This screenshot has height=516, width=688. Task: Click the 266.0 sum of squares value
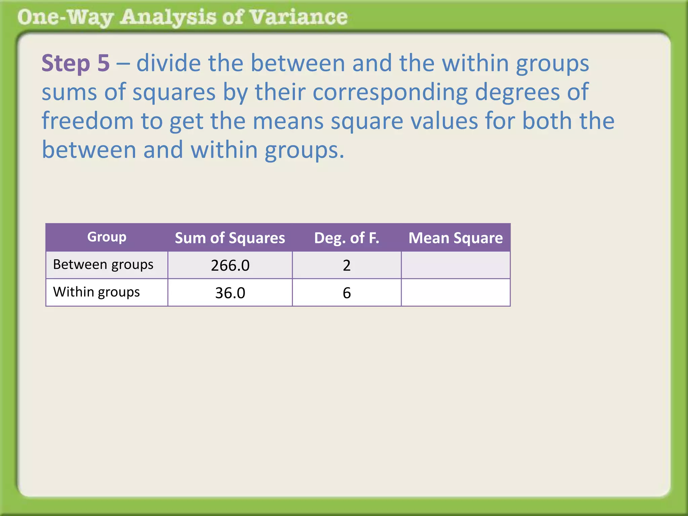pos(230,265)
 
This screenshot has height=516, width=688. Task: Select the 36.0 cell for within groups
pos(230,293)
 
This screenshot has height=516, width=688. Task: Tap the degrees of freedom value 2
pos(347,265)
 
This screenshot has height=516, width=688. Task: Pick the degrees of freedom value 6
pos(347,293)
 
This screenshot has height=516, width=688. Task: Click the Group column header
pos(107,237)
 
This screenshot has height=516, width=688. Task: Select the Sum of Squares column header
pos(230,238)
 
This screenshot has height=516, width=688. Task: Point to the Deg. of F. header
pos(347,238)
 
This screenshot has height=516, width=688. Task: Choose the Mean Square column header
pos(456,238)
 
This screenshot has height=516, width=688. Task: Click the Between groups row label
pos(103,265)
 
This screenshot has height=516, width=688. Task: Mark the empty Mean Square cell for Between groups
pos(456,265)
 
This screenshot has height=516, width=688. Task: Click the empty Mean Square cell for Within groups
pos(456,293)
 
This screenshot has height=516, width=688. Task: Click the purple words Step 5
pos(76,63)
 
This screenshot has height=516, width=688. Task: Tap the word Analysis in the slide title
pos(168,17)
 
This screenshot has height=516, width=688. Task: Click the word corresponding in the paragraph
pos(390,92)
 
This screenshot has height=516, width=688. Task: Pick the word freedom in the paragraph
pos(88,121)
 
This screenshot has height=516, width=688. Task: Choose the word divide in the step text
pos(168,63)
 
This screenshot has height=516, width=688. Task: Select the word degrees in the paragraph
pos(517,93)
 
